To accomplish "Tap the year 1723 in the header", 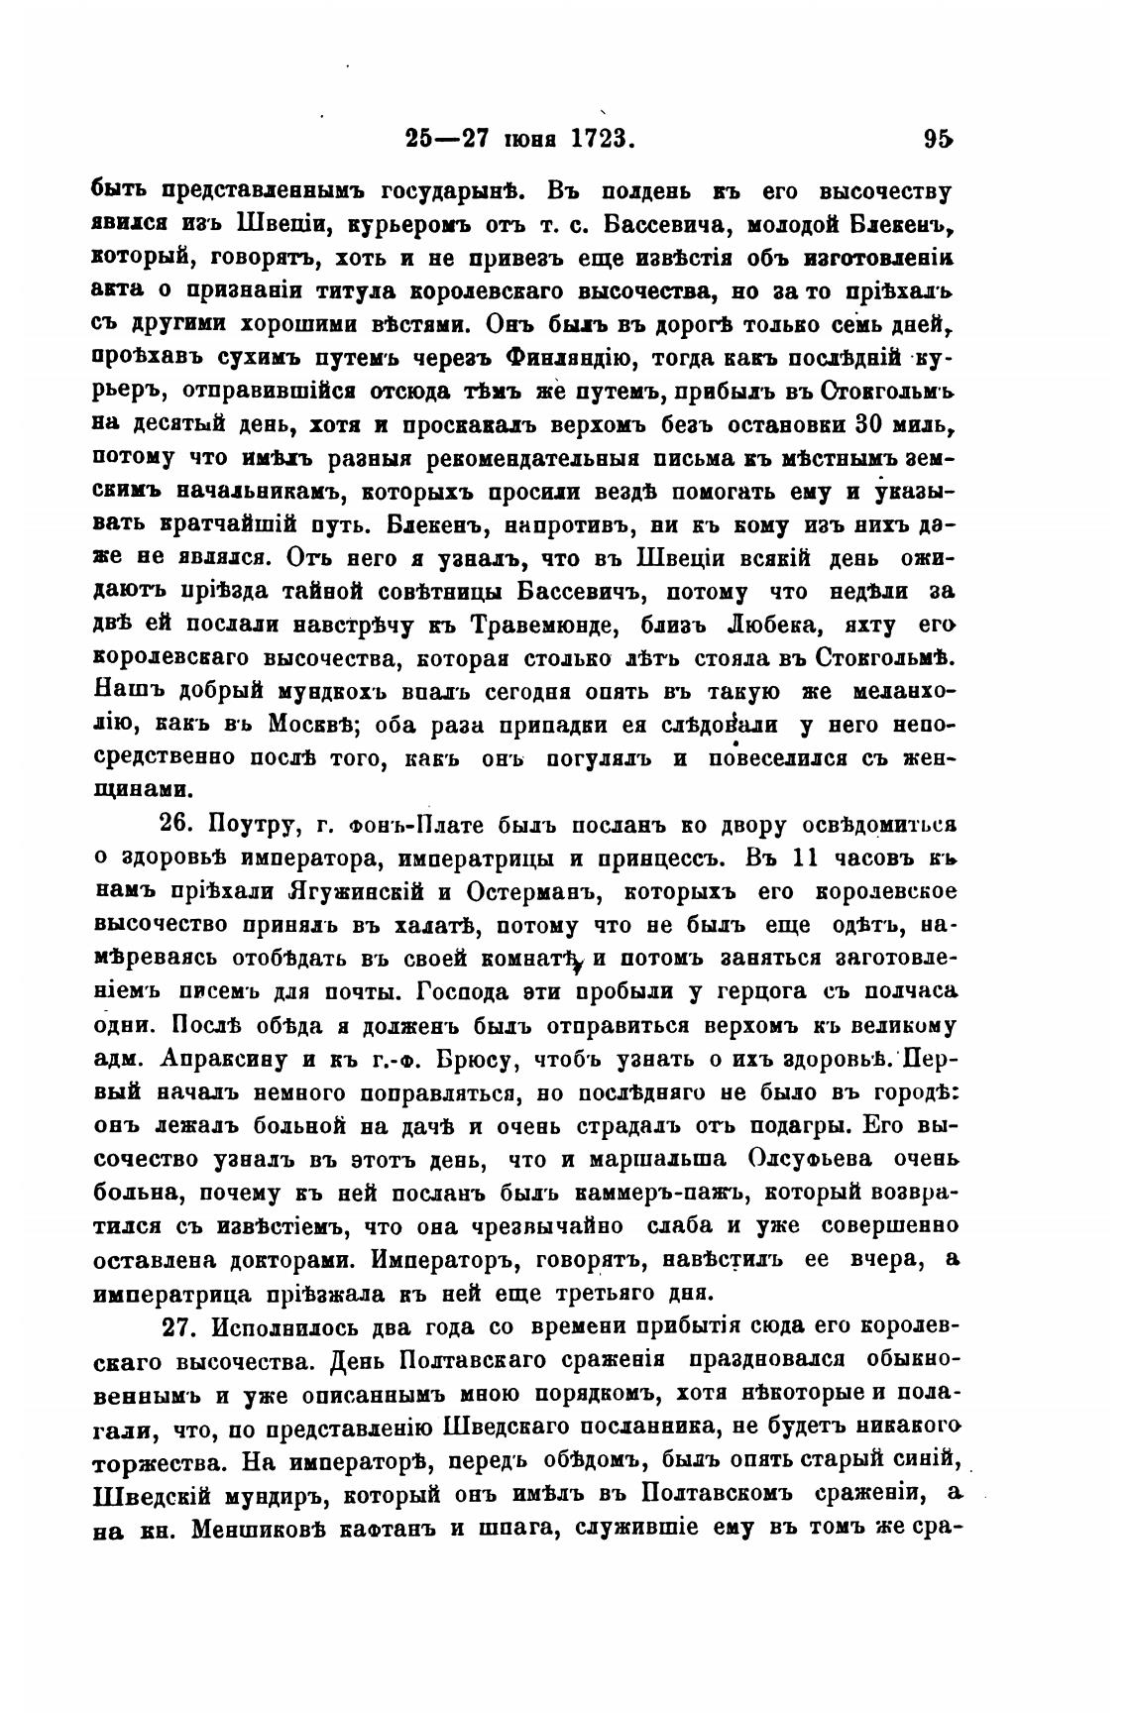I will tap(601, 139).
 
